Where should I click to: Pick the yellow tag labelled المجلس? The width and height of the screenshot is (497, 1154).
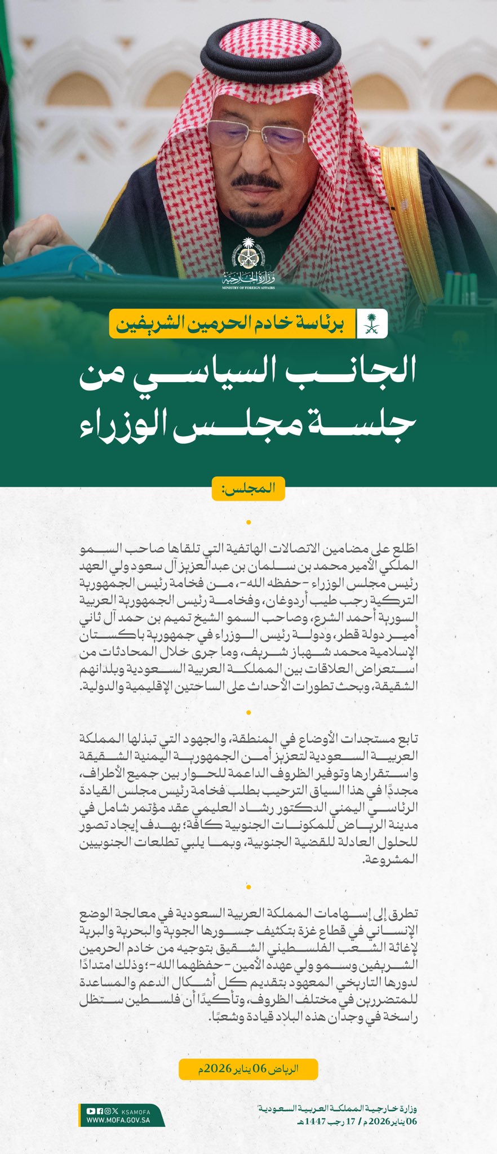click(x=248, y=488)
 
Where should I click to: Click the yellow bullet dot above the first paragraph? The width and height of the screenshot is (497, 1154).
click(x=248, y=522)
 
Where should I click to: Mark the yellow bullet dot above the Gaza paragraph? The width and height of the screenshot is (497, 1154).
click(x=248, y=887)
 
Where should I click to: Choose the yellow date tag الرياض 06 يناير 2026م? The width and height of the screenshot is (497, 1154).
click(x=248, y=1069)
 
